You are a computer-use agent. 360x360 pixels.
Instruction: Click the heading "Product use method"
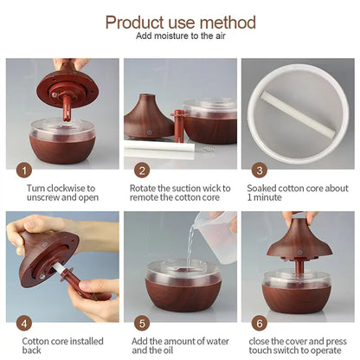[x=180, y=22]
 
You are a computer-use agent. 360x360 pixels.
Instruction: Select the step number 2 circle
[x=142, y=171]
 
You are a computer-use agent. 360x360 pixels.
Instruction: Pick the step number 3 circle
[x=259, y=171]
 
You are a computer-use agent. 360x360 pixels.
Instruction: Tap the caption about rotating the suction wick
[x=180, y=192]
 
